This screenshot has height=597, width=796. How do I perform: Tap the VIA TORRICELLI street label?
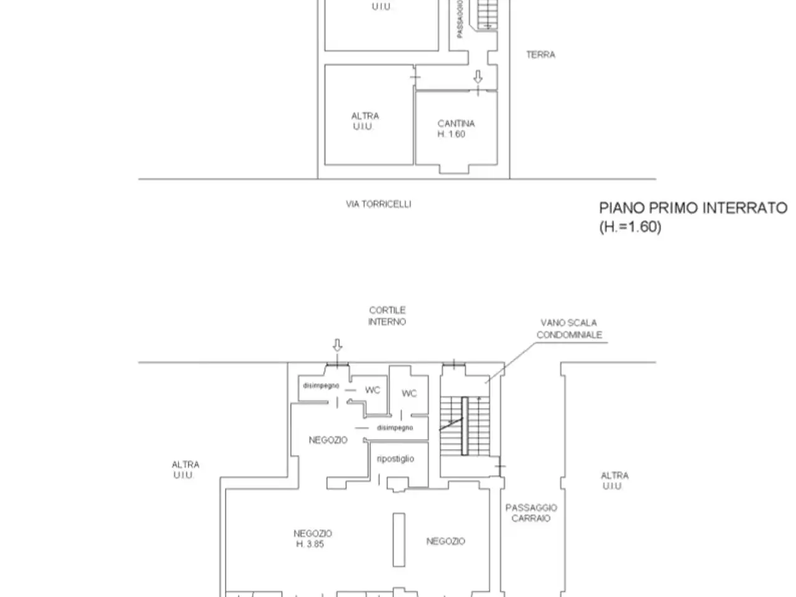click(x=378, y=204)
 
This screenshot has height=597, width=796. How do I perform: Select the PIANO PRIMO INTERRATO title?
click(x=693, y=208)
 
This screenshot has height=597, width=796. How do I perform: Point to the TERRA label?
click(x=540, y=55)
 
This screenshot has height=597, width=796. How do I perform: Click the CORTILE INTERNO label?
click(x=387, y=316)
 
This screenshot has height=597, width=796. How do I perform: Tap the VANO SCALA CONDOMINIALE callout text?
click(x=569, y=329)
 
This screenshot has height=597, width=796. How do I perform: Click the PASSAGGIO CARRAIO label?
click(x=531, y=512)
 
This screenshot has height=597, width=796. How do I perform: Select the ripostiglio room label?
click(x=396, y=459)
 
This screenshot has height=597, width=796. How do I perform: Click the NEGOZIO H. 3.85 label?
click(x=313, y=539)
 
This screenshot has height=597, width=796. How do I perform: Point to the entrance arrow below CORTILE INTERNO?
click(x=337, y=345)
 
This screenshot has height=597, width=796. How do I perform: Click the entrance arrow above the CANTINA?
click(x=478, y=76)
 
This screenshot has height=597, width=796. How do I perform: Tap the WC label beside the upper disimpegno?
click(x=373, y=390)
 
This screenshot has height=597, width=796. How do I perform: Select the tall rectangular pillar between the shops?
click(x=399, y=540)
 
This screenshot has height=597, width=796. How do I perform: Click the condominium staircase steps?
click(x=465, y=426)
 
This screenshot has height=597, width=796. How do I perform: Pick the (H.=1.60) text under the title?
click(x=631, y=227)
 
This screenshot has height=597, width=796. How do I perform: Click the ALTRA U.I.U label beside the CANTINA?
click(x=364, y=121)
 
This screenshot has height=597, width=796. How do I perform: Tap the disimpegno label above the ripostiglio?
click(x=395, y=428)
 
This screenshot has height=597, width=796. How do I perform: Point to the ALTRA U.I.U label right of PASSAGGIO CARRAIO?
click(x=614, y=481)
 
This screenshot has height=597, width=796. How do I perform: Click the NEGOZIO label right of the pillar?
click(x=446, y=541)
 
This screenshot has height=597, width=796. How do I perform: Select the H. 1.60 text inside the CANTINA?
click(x=451, y=134)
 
